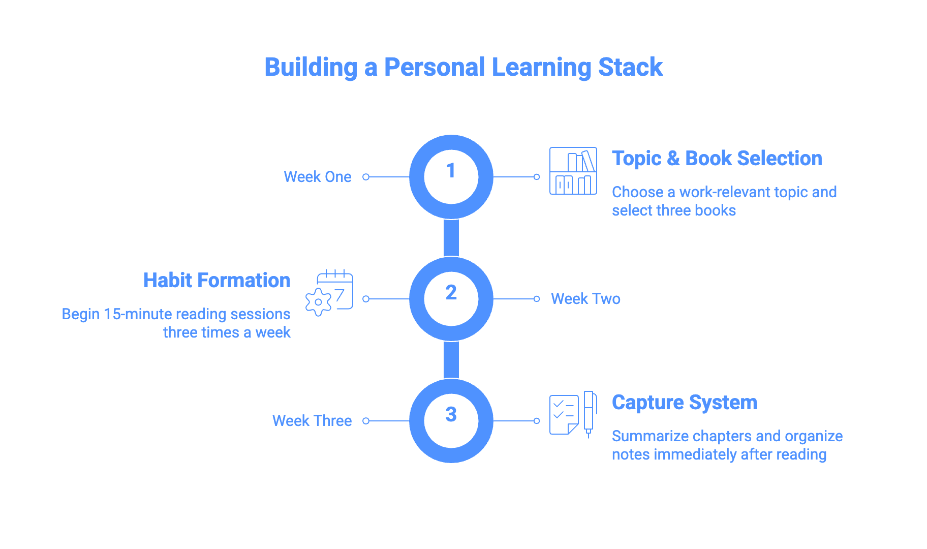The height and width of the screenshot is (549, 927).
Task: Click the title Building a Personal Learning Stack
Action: coord(463,67)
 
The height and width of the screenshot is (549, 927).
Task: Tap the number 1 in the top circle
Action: coord(451,171)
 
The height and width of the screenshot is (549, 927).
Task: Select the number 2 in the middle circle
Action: coord(451,292)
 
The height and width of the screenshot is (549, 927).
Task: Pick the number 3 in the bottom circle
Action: coord(451,414)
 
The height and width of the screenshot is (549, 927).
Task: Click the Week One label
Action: coord(317,177)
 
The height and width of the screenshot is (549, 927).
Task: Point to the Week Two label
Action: coord(585,299)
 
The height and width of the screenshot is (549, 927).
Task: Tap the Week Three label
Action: coord(312,421)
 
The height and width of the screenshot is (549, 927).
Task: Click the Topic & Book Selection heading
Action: coord(717,159)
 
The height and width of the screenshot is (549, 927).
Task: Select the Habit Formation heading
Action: coord(217,281)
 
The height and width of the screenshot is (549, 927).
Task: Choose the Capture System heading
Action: coord(684,403)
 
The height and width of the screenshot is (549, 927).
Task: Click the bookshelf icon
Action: coord(573,171)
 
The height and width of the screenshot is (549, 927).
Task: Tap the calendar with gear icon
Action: coord(329,293)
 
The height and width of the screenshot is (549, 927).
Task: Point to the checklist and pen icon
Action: coord(573,414)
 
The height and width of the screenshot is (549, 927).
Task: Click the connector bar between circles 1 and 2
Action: coord(451,238)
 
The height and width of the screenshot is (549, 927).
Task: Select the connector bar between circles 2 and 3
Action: coord(451,360)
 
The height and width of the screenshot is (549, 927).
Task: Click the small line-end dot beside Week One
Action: coord(366,177)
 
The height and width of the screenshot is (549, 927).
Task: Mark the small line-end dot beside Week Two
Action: coord(537,299)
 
